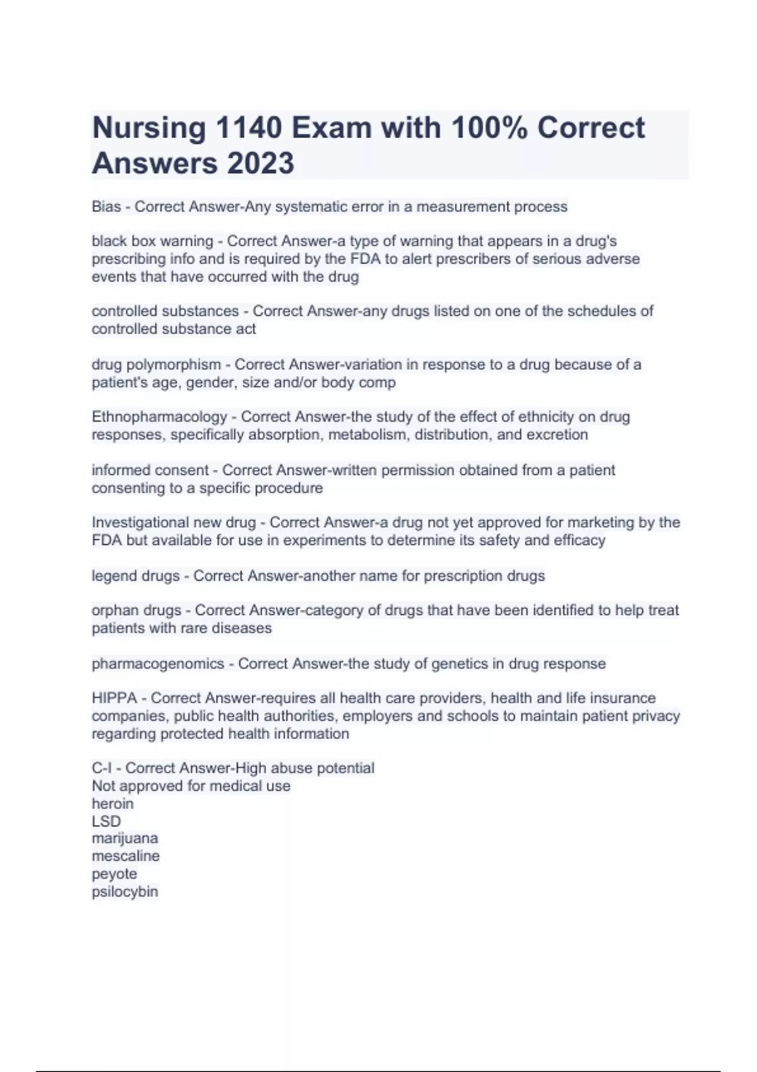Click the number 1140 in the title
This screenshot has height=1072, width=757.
coord(248,128)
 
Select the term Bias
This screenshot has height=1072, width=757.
coord(106,207)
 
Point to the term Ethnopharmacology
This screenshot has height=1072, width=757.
coord(159,417)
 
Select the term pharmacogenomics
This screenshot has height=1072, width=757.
coord(158,664)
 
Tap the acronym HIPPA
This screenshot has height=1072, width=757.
coord(114,698)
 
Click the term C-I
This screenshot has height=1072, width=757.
coord(102,768)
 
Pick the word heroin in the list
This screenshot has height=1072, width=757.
coord(112,804)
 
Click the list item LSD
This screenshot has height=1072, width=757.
coord(106,821)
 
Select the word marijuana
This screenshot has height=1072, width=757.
coord(125,839)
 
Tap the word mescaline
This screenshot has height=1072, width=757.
coord(126,856)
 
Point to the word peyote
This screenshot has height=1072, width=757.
coord(114,874)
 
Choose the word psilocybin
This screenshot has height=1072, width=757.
coord(125,892)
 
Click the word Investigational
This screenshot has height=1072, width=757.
coord(146,523)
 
